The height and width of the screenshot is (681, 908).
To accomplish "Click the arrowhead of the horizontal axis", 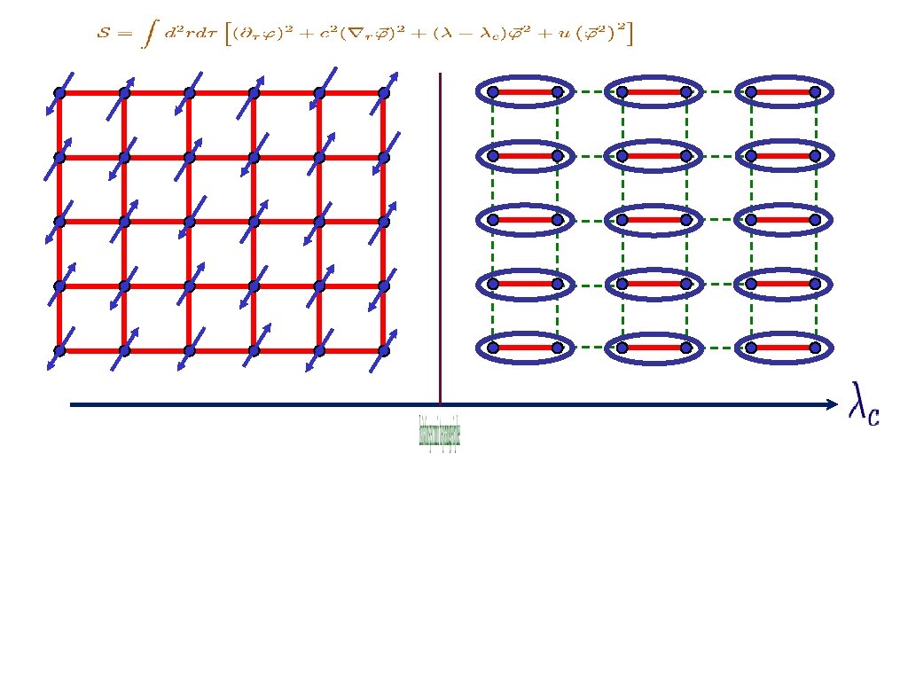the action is (832, 405).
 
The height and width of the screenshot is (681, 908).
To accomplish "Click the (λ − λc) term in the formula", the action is (458, 35).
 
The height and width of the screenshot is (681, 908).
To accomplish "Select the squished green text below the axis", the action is (440, 432).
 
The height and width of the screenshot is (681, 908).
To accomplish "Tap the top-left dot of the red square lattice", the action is (59, 93).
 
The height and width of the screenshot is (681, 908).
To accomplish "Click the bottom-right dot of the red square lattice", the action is (383, 351).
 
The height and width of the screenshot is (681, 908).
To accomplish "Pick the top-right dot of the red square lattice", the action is (383, 93).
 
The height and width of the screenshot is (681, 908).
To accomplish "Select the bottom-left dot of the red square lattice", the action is (59, 351).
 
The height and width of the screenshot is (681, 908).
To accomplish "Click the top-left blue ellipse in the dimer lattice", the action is (525, 91).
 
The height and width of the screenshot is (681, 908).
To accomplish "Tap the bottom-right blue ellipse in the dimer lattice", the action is (782, 348).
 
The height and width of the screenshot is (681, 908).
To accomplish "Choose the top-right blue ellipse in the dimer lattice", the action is (782, 91).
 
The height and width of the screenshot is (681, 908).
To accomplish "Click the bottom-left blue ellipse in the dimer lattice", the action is (525, 348).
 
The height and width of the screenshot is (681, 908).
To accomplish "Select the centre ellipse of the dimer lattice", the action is (654, 219).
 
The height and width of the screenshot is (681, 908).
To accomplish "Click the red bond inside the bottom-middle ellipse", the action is (654, 348).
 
